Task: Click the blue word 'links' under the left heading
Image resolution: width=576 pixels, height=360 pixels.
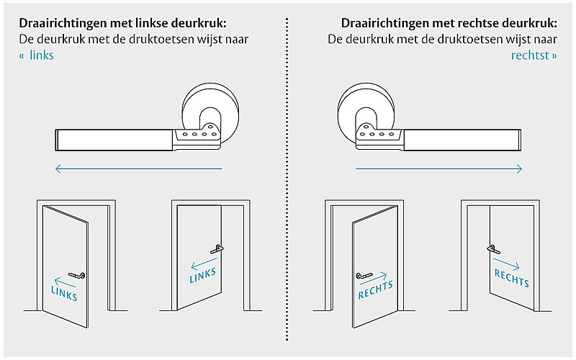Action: pos(42,55)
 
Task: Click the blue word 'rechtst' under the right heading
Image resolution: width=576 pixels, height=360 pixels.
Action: pos(530,55)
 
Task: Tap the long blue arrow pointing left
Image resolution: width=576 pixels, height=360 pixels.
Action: pos(138,168)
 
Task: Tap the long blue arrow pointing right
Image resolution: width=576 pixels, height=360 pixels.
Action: pos(438,168)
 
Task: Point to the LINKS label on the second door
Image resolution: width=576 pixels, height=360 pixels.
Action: pos(202,276)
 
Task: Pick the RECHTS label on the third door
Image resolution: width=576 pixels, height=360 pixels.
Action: pos(375,290)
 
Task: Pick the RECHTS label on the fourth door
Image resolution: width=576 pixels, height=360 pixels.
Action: pos(512,278)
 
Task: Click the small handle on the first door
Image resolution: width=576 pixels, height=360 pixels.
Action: pos(77,275)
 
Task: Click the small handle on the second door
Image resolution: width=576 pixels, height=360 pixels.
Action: pos(217,249)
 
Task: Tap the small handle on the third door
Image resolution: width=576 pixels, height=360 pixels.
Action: pos(364,275)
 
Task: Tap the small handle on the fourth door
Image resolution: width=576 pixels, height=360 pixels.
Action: pos(494,249)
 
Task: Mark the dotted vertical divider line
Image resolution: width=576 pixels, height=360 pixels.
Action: pos(287,179)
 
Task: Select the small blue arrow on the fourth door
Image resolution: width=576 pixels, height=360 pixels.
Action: pos(507,264)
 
